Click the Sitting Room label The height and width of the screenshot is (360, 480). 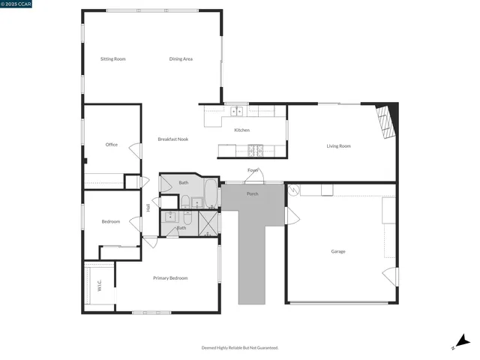point(112,58)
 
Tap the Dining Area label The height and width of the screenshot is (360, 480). point(181,58)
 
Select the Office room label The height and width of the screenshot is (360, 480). point(112,145)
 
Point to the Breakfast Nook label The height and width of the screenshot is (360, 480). point(172,139)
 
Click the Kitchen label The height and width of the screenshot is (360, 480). point(241,130)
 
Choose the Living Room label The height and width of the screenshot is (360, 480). point(338,146)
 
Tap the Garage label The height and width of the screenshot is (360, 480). point(338,251)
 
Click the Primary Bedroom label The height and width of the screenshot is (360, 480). point(170,278)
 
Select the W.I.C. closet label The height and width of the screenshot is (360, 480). point(98,286)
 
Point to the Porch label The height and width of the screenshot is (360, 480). point(252,193)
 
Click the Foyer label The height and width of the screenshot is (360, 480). point(253,170)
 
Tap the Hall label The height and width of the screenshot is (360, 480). point(149,207)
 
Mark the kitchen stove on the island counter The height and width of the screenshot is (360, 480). point(256,149)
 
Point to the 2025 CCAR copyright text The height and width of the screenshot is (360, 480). point(16,4)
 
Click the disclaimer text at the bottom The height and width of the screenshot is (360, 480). point(240,348)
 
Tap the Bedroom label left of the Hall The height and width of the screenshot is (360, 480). point(111,222)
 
